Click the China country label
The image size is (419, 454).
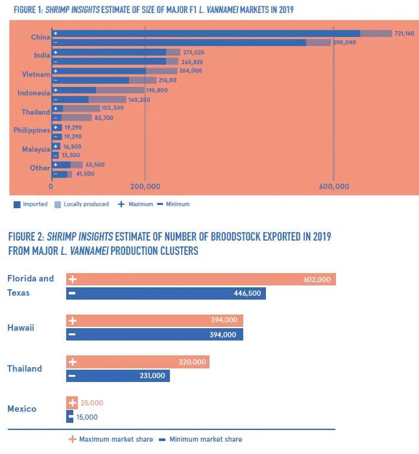coord(40,37)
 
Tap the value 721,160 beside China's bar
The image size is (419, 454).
coord(404,33)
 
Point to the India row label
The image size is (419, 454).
coord(42,56)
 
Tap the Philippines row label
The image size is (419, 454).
coord(32,130)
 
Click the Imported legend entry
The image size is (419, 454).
coord(30,204)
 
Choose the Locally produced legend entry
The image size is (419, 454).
coord(81,204)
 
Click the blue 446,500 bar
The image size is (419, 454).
coord(166,293)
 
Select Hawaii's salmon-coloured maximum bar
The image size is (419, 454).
coord(154,320)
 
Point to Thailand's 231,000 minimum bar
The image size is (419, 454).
coord(118,376)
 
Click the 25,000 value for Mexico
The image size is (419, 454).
coord(92,403)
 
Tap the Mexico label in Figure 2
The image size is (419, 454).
coord(22,409)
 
